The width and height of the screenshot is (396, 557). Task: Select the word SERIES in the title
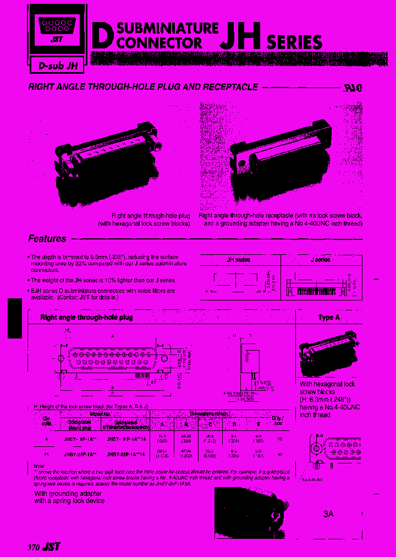pos(294,42)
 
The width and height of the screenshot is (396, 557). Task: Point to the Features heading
pos(47,239)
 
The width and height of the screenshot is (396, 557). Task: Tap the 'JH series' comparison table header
pos(239,259)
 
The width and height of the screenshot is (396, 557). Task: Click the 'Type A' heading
pos(328,318)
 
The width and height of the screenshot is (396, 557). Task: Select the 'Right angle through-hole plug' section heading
pos(86,318)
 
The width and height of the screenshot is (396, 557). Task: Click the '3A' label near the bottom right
pos(328,514)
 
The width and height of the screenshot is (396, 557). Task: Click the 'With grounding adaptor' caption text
pos(61,494)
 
